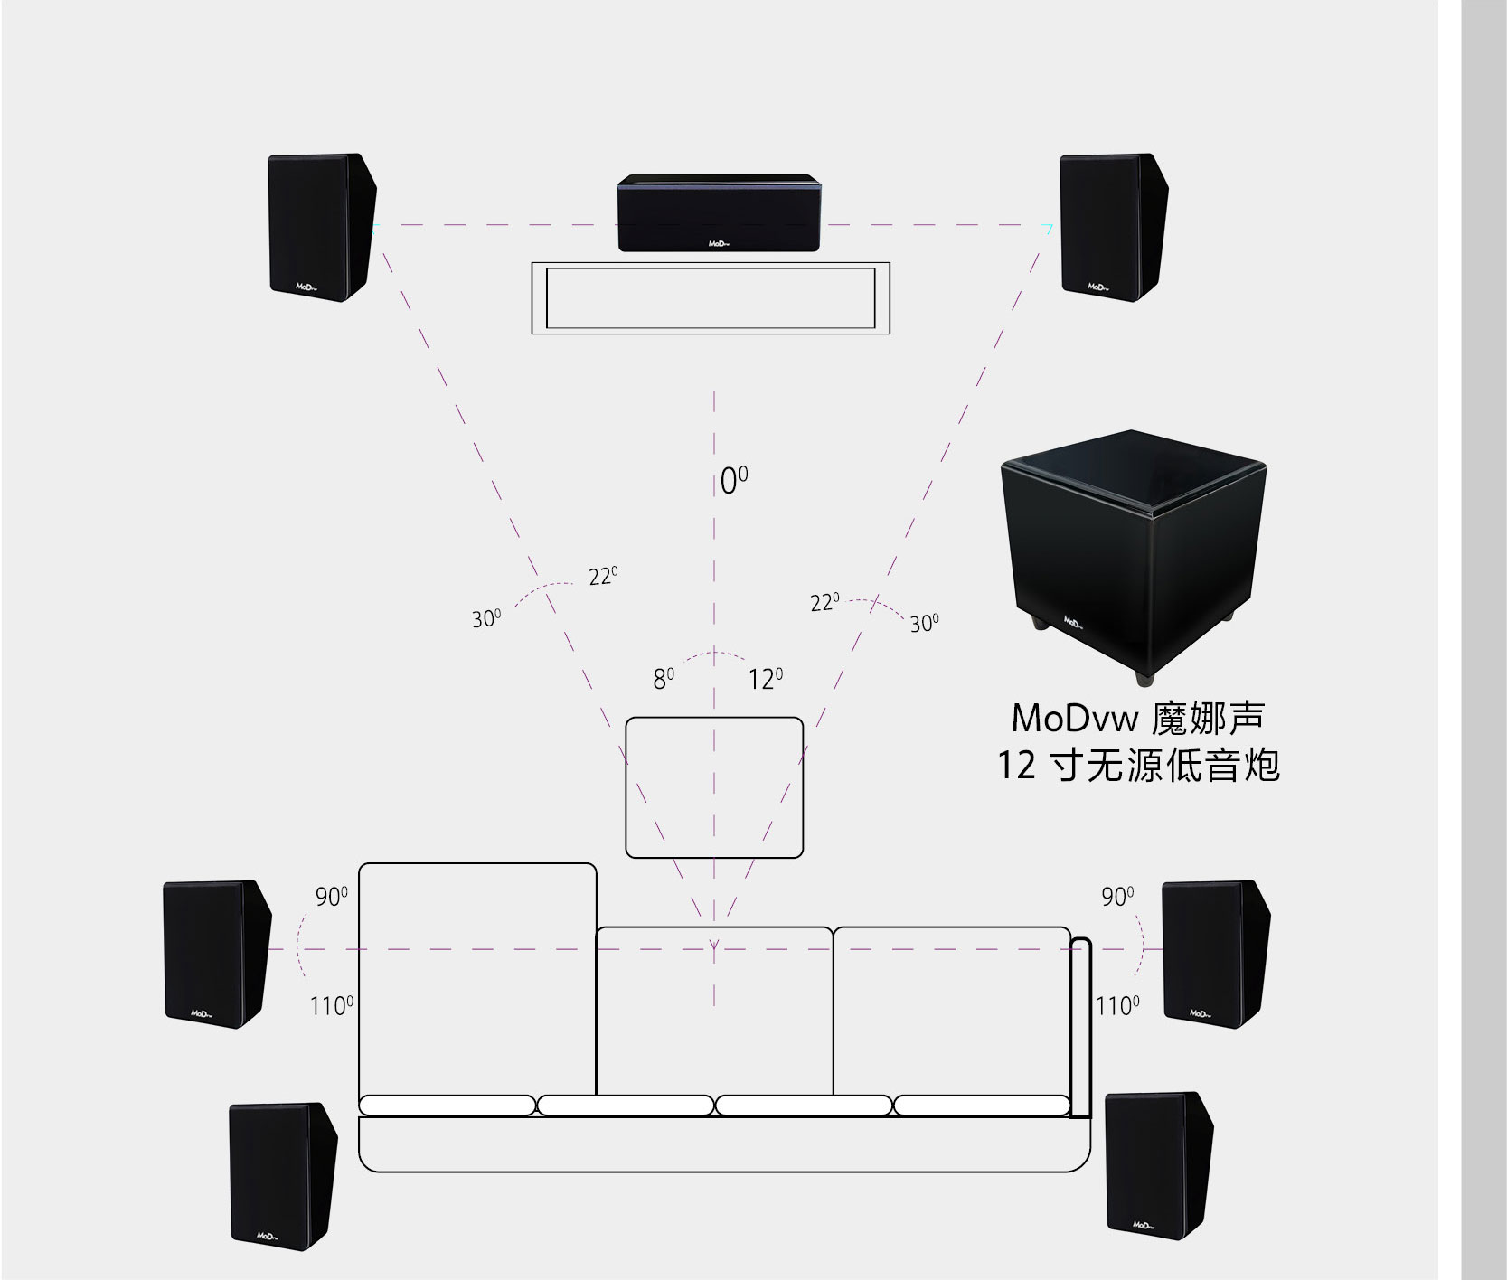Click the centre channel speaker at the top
click(720, 213)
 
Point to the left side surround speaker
click(215, 954)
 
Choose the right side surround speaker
click(1214, 954)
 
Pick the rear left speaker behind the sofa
click(281, 1176)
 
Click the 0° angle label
click(733, 482)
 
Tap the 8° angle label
click(664, 679)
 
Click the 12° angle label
click(765, 679)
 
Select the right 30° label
click(924, 624)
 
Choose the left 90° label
click(331, 897)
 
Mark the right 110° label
click(1117, 1005)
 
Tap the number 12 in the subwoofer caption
click(1016, 767)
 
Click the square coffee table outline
click(714, 787)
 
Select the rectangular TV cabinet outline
click(711, 298)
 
